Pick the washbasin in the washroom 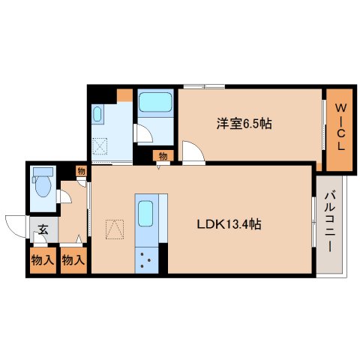98,114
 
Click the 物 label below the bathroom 161,156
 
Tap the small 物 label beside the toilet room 81,172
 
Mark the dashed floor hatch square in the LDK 114,226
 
